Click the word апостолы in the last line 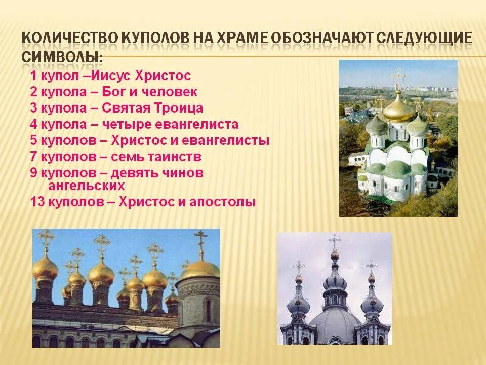tap(223, 202)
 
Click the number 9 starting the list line tap(33, 173)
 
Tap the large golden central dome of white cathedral tap(399, 107)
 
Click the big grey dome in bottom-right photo tap(335, 322)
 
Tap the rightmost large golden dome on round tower tap(199, 269)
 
